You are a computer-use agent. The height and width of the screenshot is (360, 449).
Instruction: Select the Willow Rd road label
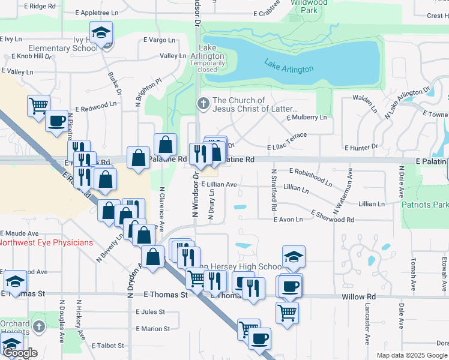point(358,296)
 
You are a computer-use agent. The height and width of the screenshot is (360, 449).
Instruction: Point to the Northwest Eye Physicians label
point(47,243)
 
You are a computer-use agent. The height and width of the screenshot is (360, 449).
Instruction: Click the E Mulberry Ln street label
point(307,118)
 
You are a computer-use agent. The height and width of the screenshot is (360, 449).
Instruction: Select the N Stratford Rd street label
point(273,190)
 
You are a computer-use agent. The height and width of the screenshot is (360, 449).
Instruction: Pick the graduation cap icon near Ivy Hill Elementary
point(101,32)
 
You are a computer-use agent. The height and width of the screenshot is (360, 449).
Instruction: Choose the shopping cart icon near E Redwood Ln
point(38,105)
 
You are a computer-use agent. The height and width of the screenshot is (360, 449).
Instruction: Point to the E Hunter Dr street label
point(361,146)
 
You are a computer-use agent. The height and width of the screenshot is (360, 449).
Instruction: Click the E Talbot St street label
point(108,346)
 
